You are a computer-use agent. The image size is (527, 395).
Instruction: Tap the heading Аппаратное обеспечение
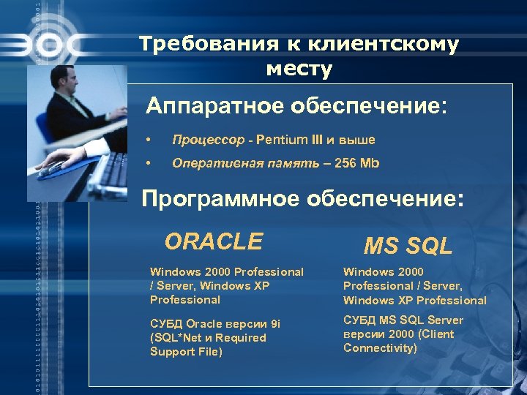click(x=295, y=107)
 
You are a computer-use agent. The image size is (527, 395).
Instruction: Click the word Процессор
click(x=207, y=140)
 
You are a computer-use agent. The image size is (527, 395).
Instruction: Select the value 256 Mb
click(x=356, y=163)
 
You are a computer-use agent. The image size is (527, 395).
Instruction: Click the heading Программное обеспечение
click(x=302, y=199)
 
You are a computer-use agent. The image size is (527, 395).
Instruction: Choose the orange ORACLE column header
click(x=213, y=241)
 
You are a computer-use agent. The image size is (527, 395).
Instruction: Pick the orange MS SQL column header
click(x=408, y=246)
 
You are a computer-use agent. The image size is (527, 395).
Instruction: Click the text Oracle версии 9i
click(x=233, y=324)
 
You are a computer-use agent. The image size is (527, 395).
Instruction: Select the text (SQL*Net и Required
click(x=208, y=338)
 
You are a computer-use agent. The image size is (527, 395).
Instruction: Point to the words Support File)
click(x=187, y=352)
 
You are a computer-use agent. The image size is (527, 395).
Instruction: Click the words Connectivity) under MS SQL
click(x=380, y=348)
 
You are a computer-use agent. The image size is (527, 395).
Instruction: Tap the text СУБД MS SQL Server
click(x=403, y=320)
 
